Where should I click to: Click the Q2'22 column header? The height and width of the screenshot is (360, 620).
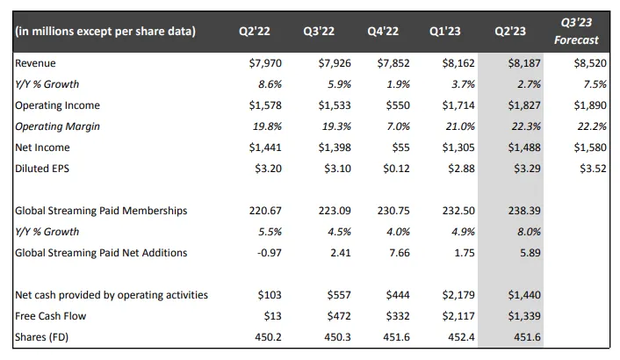coord(255,31)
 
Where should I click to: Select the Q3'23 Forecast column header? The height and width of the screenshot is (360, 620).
coord(576,31)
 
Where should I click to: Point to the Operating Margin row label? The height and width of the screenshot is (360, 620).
coord(59,126)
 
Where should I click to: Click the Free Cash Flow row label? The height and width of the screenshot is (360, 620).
coord(50,315)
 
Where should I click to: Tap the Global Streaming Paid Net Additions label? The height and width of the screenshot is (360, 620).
coord(102,253)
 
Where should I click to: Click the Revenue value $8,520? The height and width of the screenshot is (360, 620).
coord(588,63)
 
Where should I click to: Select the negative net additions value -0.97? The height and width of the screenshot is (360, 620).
coord(269,253)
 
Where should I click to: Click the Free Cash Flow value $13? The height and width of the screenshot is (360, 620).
coord(270,315)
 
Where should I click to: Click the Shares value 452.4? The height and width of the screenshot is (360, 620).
coord(459,336)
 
